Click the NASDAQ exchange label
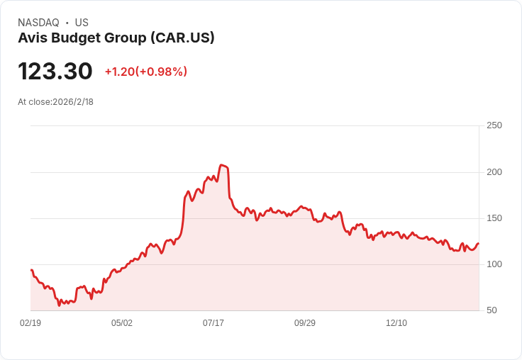coord(38,23)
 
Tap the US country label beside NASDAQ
coord(82,23)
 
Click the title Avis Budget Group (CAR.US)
coord(116,38)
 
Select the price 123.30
coord(55,71)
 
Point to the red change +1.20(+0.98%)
coord(146,72)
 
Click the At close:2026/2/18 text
coord(55,102)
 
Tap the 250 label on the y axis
coord(494,125)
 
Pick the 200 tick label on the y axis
coord(494,172)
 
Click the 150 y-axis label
coord(494,218)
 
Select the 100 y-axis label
coord(494,264)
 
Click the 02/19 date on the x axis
coord(30,322)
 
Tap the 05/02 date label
coord(122,322)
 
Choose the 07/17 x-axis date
coord(213,322)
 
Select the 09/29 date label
coord(305,322)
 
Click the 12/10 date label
coord(396,322)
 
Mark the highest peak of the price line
coord(221,164)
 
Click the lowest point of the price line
coord(59,305)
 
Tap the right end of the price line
coord(479,244)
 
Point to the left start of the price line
coord(31,270)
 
